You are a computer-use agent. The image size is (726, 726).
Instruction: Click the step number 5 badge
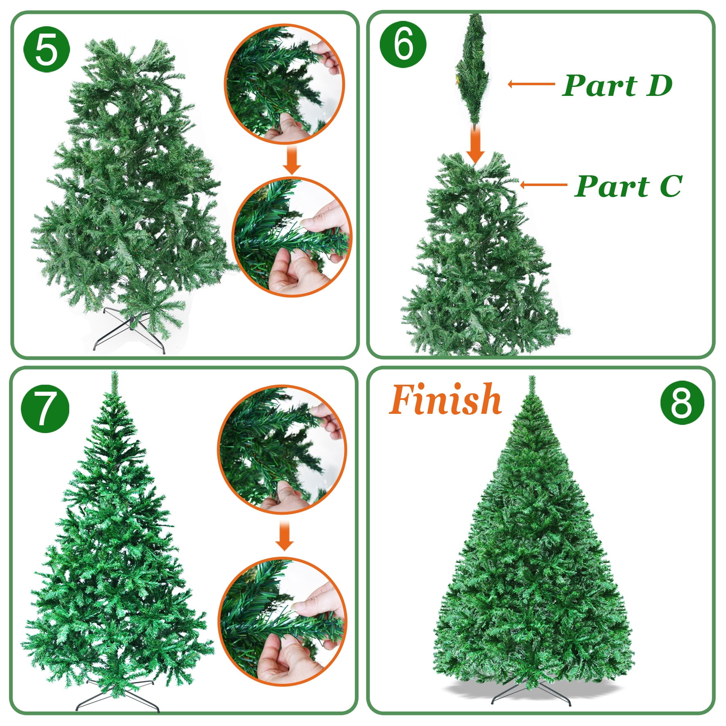pyautogui.click(x=47, y=50)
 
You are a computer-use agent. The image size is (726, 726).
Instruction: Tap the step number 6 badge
pyautogui.click(x=403, y=44)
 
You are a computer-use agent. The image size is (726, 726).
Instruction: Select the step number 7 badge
pyautogui.click(x=45, y=408)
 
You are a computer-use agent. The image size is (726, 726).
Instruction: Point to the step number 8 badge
pyautogui.click(x=682, y=402)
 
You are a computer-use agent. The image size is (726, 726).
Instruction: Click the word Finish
pyautogui.click(x=445, y=399)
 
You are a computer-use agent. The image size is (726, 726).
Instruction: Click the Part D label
pyautogui.click(x=617, y=85)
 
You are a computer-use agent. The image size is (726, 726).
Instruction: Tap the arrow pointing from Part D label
pyautogui.click(x=531, y=84)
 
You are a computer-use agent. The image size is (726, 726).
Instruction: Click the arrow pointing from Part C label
pyautogui.click(x=543, y=185)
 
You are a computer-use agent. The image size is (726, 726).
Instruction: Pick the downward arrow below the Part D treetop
pyautogui.click(x=475, y=145)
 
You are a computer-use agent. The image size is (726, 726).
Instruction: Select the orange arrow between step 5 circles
pyautogui.click(x=292, y=159)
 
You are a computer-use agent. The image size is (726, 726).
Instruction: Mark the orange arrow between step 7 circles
pyautogui.click(x=284, y=535)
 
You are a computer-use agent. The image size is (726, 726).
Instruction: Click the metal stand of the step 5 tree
pyautogui.click(x=129, y=331)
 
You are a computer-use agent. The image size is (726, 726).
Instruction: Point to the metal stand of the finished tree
pyautogui.click(x=531, y=692)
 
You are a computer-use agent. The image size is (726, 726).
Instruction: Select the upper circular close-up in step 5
pyautogui.click(x=284, y=84)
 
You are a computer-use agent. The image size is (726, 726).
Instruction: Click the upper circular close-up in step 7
pyautogui.click(x=282, y=449)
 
